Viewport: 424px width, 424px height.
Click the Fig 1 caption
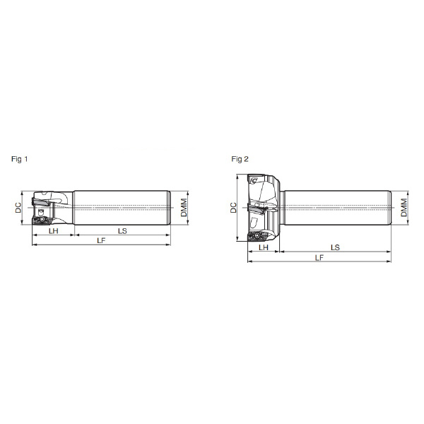coord(20,159)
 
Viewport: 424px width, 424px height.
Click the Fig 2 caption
coord(240,159)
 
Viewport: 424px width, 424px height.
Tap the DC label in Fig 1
coord(18,208)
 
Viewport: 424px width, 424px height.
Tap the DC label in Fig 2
coord(233,208)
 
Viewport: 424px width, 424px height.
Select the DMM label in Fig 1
coord(184,208)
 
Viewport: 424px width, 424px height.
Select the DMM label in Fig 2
coord(404,208)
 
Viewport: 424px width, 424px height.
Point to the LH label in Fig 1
coord(53,231)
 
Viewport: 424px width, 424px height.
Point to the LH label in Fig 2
coord(264,247)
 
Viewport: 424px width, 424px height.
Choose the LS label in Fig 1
coord(122,231)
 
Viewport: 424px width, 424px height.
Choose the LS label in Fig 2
coord(335,247)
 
